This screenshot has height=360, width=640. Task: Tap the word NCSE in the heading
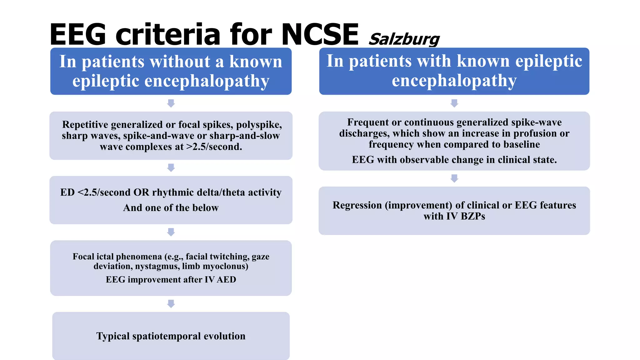320,34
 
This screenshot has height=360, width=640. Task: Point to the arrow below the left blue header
171,103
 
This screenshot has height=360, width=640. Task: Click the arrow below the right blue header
454,103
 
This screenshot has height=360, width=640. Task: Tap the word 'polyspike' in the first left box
259,125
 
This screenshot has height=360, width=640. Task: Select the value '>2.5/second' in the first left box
214,147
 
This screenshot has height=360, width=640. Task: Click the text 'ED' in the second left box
67,192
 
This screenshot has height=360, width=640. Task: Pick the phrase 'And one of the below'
171,208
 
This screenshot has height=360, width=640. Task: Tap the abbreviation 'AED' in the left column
226,279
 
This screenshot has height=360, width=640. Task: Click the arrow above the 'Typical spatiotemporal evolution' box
171,303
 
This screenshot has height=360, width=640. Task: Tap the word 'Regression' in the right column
357,205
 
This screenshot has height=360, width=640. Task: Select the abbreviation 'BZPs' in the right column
473,216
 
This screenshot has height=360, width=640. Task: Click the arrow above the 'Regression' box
454,178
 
